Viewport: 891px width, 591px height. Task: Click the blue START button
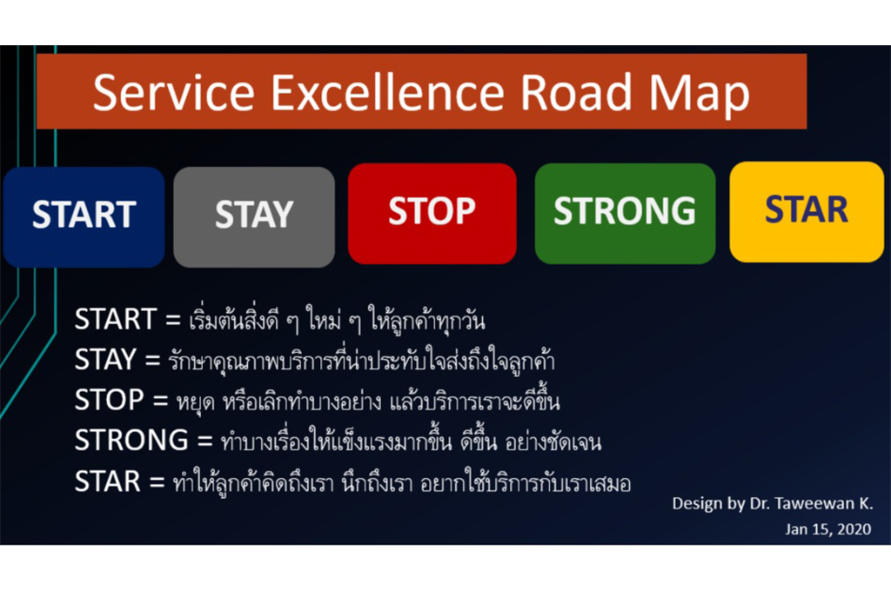pyautogui.click(x=84, y=217)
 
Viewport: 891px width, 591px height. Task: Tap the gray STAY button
pyautogui.click(x=254, y=217)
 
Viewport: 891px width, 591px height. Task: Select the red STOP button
pyautogui.click(x=432, y=214)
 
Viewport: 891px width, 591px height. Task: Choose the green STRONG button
pyautogui.click(x=625, y=214)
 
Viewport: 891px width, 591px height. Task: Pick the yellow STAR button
pyautogui.click(x=807, y=212)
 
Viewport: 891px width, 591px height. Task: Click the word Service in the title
pyautogui.click(x=174, y=92)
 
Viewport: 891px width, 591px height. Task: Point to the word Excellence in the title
pyautogui.click(x=387, y=91)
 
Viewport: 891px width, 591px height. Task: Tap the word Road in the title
pyautogui.click(x=576, y=91)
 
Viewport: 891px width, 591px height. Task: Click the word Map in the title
pyautogui.click(x=700, y=96)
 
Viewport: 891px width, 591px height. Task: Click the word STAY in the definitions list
pyautogui.click(x=105, y=359)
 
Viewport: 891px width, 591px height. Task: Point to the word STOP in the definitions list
pyautogui.click(x=109, y=400)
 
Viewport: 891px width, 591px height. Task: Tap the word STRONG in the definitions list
pyautogui.click(x=132, y=440)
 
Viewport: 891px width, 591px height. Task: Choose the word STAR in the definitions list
pyautogui.click(x=107, y=481)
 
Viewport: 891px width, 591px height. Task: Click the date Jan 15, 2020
pyautogui.click(x=828, y=529)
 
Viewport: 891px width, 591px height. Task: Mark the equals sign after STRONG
pyautogui.click(x=204, y=442)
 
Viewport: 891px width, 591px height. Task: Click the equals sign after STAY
pyautogui.click(x=152, y=361)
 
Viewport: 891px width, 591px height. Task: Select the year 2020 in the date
pyautogui.click(x=854, y=529)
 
